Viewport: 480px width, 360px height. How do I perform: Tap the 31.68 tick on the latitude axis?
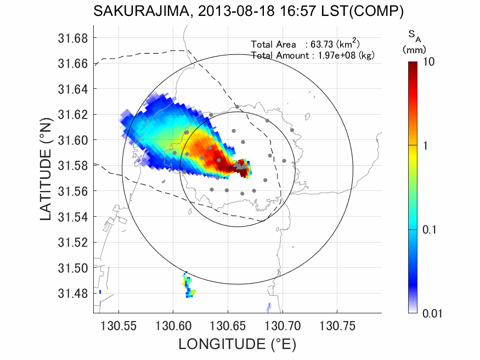(72, 38)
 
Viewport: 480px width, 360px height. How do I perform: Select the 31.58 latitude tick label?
(72, 166)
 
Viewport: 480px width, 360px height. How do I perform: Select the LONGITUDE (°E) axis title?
(237, 344)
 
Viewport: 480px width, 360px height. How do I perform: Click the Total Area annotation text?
(305, 44)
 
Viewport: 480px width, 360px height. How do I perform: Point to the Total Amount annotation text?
(312, 55)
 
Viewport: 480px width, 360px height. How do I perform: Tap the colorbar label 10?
(429, 62)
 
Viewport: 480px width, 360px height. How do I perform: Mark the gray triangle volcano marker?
(240, 164)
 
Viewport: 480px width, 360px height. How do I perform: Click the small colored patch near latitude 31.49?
(189, 285)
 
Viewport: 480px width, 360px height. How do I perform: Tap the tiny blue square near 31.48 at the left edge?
(100, 292)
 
